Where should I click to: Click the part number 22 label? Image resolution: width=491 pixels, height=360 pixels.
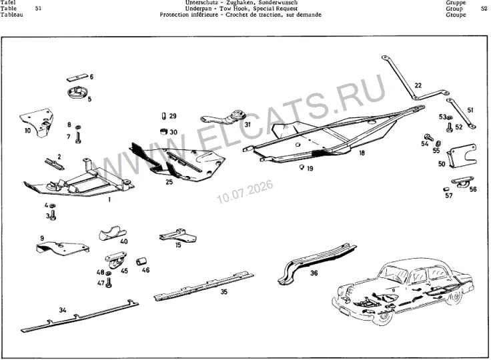(x=418, y=85)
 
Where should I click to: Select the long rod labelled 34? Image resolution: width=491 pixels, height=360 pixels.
(x=80, y=316)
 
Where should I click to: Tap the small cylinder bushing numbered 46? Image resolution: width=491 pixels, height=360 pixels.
(x=141, y=261)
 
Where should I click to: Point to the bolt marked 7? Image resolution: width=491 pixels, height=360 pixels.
(x=78, y=138)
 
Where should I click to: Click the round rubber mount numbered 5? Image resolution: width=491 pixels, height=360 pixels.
(x=76, y=93)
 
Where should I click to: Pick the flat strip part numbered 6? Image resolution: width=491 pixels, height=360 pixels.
(x=77, y=77)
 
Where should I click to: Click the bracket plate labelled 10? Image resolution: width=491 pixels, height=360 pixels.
(x=37, y=122)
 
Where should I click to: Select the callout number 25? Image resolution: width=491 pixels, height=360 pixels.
(x=169, y=182)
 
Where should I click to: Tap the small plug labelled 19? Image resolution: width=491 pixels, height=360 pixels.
(x=302, y=167)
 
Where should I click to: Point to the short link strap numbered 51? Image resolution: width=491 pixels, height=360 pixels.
(x=461, y=113)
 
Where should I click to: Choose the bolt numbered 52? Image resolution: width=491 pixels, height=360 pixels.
(x=450, y=127)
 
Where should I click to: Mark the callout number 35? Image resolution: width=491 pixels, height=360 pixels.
(x=223, y=292)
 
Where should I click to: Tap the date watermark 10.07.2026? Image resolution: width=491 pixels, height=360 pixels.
(x=245, y=191)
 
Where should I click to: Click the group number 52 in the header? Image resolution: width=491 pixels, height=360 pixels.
(x=484, y=9)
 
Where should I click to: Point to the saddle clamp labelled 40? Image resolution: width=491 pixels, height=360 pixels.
(x=113, y=233)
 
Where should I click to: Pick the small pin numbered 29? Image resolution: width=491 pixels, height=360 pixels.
(x=163, y=116)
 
